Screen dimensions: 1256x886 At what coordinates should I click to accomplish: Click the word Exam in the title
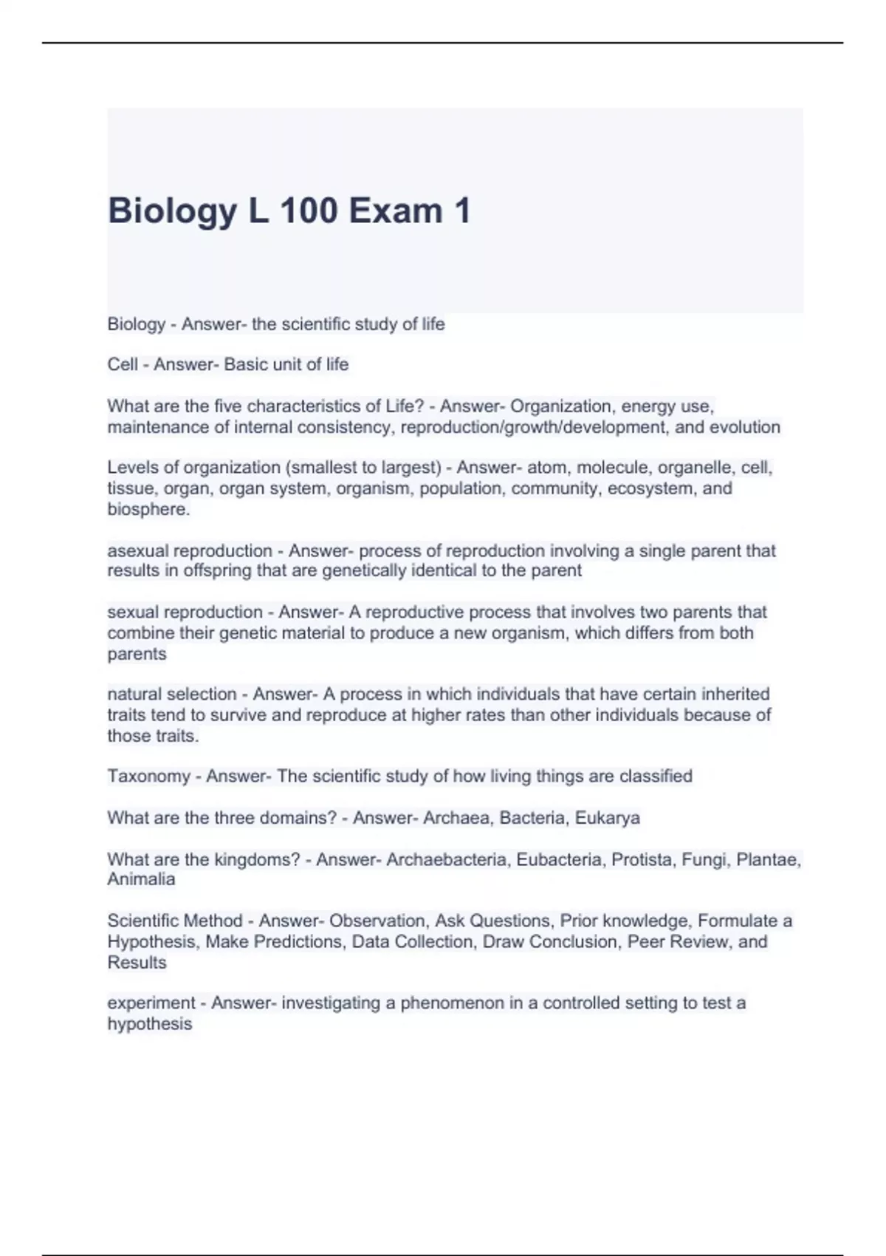(x=395, y=211)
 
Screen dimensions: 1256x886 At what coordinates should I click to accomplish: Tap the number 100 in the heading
(x=308, y=211)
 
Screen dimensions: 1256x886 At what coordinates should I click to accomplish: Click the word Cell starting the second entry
(x=123, y=364)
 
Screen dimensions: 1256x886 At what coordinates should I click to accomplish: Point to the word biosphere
(x=147, y=509)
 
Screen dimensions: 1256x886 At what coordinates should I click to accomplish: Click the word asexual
(x=137, y=550)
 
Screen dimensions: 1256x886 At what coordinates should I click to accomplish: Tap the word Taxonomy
(x=148, y=777)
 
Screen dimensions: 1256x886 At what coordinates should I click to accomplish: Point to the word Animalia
(x=141, y=879)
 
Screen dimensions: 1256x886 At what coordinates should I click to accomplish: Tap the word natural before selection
(x=134, y=694)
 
